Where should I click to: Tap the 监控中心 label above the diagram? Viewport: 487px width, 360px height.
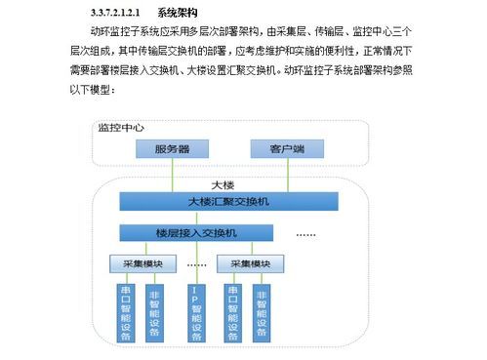coord(121,128)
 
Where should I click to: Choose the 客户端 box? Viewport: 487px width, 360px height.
coord(270,149)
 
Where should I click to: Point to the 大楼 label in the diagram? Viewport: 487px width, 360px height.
coord(223,185)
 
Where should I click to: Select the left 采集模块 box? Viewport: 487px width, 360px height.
coord(142,264)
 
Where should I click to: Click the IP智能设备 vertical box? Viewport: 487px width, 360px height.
coord(194,313)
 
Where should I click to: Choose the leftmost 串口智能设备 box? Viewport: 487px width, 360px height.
coord(124,313)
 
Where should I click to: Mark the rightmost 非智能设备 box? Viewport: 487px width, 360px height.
coord(261,313)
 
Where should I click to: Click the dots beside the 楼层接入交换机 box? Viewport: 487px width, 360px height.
coord(306,234)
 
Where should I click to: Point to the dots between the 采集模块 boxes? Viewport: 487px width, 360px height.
coord(197,264)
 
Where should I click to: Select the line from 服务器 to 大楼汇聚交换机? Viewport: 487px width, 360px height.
coord(172,176)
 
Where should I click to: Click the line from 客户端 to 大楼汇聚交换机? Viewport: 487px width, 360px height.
coord(269,176)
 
